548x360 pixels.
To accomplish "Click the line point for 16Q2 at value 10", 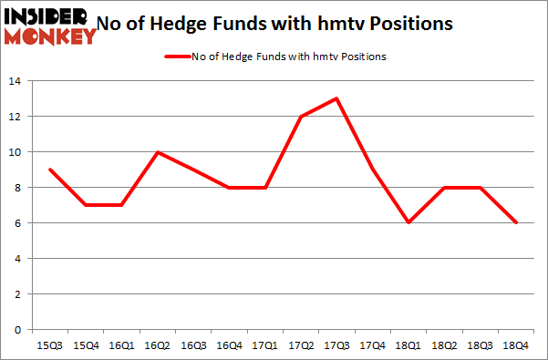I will click(160, 152).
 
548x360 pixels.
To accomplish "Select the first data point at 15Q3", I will click(49, 170).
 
